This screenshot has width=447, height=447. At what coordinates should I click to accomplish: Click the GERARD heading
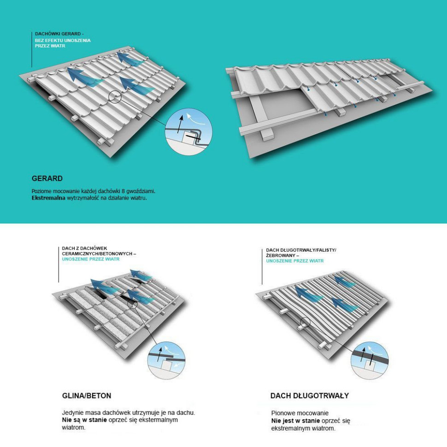[x=47, y=178]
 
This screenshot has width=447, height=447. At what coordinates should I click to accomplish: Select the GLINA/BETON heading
[x=87, y=396]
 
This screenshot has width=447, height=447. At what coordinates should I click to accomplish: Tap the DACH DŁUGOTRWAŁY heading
[x=310, y=396]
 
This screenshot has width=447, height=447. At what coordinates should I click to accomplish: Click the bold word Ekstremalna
[x=48, y=198]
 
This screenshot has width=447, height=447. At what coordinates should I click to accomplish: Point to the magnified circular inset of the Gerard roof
[x=189, y=132]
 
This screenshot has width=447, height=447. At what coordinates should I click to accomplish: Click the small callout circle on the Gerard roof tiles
[x=115, y=97]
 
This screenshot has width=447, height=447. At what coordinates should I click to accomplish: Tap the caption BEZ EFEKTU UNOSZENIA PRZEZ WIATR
[x=63, y=43]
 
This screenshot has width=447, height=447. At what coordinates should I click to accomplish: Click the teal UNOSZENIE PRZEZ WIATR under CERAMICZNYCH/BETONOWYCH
[x=91, y=259]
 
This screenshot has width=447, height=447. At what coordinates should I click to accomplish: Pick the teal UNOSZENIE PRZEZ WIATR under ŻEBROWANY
[x=295, y=261]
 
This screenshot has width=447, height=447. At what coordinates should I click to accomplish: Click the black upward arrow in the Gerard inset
[x=179, y=124]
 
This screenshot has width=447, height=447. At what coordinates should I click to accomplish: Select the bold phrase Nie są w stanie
[x=84, y=420]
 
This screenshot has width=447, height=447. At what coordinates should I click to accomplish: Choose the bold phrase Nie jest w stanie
[x=295, y=421]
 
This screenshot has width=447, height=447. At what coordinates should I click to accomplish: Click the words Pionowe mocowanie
[x=300, y=413]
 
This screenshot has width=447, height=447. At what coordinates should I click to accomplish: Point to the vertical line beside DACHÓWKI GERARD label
[x=32, y=50]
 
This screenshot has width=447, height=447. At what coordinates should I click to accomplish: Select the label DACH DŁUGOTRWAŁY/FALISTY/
[x=301, y=250]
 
